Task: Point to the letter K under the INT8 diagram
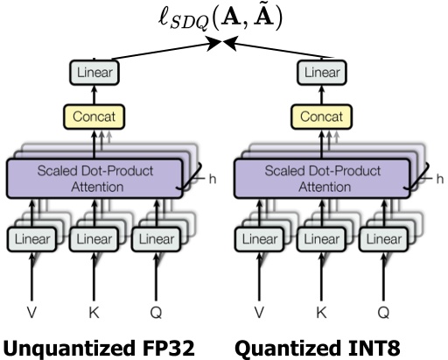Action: pos(320,310)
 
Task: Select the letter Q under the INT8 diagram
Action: pos(381,310)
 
